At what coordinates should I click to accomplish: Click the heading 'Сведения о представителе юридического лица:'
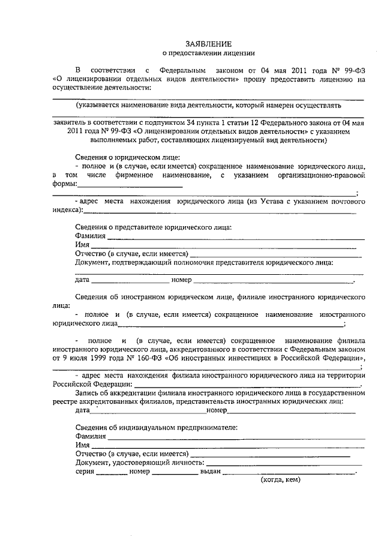coord(154,227)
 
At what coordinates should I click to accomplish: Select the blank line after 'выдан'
coord(289,473)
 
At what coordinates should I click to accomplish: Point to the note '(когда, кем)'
coord(280,481)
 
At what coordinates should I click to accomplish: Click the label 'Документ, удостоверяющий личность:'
coord(140,463)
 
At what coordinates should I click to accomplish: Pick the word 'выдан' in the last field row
coord(210,472)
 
